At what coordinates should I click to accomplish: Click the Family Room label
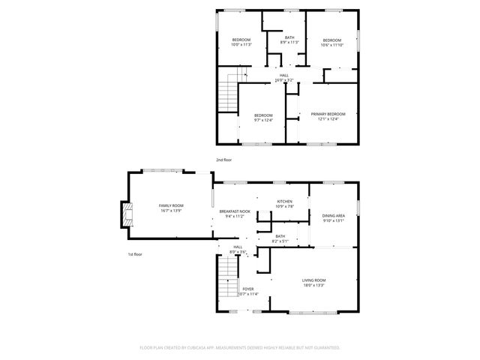pos(171,205)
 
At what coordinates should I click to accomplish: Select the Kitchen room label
pos(284,202)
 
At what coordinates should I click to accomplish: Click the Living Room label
pos(313,280)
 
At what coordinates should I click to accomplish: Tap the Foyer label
pos(248,289)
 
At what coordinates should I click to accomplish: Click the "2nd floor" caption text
pos(224,160)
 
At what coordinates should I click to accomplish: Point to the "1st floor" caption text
pos(134,254)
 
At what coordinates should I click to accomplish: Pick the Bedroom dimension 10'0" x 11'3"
pos(241,44)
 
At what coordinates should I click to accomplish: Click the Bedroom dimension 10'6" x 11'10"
pos(332,44)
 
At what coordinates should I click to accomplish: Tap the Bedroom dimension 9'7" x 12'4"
pos(262,119)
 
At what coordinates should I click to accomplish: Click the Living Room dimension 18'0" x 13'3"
pos(313,284)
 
